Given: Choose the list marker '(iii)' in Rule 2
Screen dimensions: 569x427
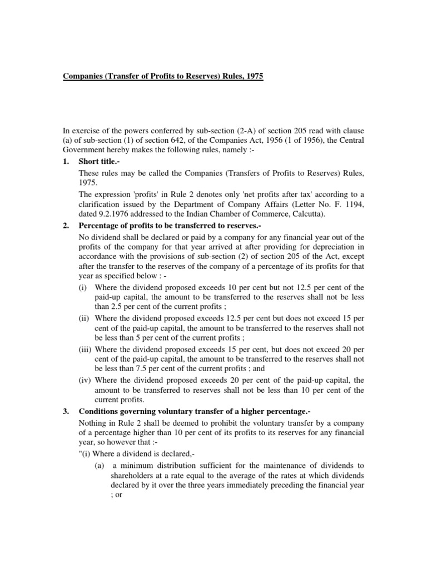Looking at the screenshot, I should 86,350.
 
